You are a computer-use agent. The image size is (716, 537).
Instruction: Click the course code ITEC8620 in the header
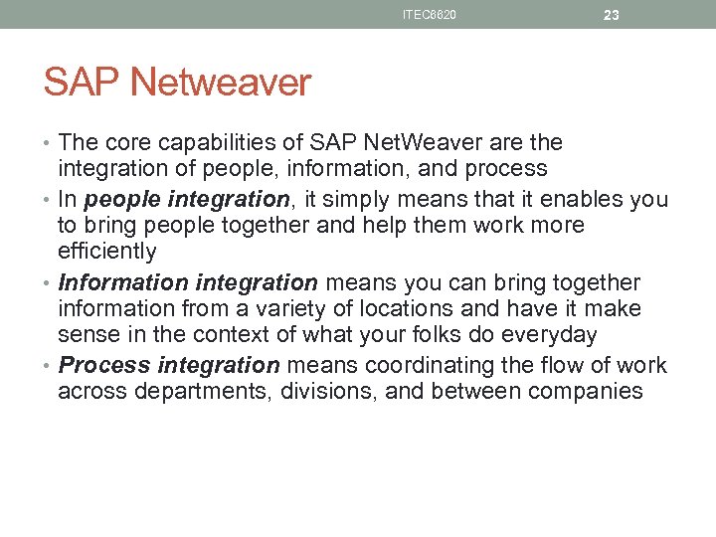430,15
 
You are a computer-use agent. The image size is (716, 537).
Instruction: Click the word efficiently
107,251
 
